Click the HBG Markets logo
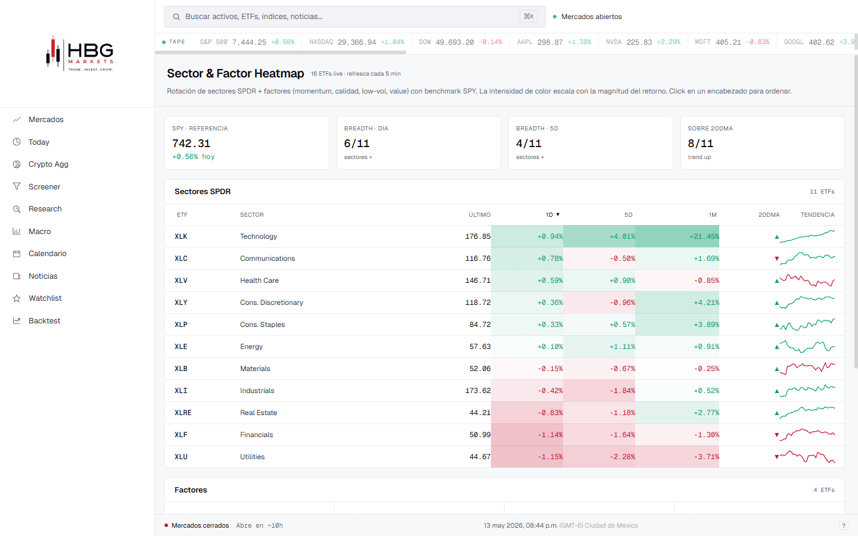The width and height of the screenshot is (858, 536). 80,54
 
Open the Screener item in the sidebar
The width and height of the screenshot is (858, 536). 45,186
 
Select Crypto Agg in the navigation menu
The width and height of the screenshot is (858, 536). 48,164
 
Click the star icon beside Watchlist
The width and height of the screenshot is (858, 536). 17,298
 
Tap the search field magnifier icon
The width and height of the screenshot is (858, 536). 176,17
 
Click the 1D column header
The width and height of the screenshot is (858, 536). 549,215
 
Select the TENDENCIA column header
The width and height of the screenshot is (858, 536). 817,215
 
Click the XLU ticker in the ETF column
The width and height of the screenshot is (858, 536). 181,456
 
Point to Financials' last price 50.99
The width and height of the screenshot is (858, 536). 480,435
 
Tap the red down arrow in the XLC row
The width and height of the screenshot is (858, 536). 777,259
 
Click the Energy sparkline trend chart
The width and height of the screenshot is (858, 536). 807,347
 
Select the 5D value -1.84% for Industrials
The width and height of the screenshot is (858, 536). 623,391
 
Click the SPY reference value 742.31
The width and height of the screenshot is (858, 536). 191,143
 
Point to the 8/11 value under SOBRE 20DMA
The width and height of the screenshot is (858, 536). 700,143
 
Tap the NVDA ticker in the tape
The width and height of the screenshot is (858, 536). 614,42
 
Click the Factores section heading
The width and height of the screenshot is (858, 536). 191,490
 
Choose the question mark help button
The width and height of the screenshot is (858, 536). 844,526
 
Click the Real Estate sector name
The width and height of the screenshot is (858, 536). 259,412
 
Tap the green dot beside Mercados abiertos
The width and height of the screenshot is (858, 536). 555,17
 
